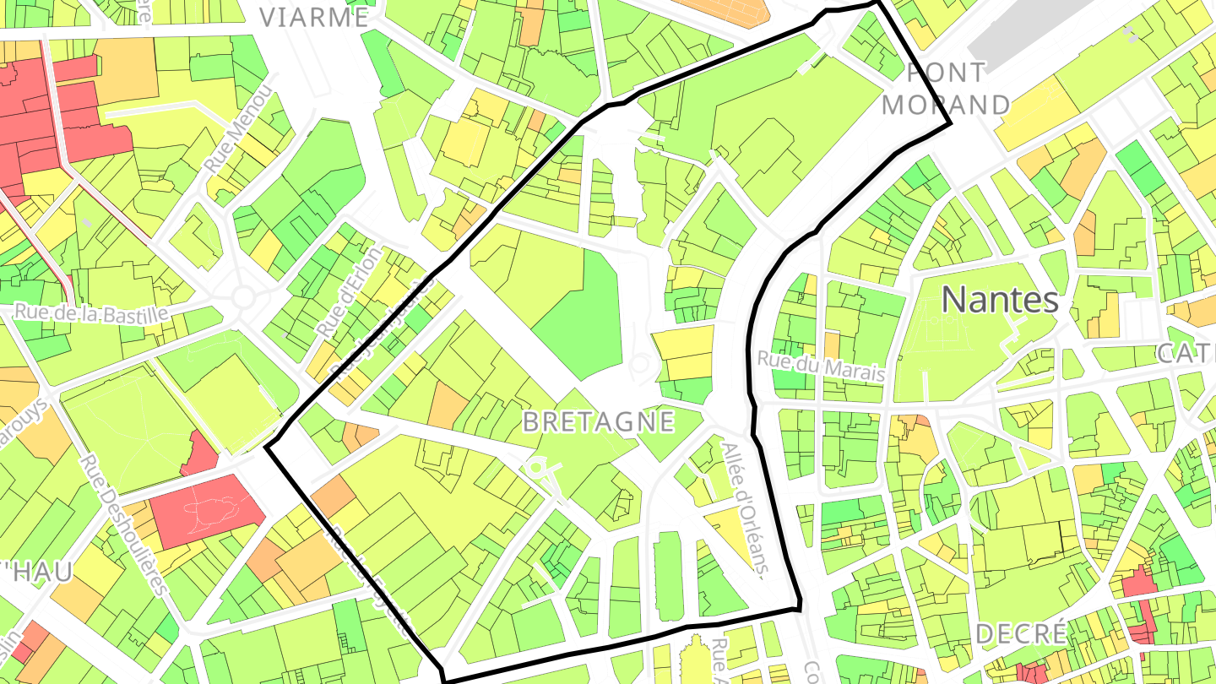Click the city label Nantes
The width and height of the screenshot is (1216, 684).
999,300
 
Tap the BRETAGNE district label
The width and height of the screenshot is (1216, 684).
599,421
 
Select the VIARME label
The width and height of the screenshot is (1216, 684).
314,17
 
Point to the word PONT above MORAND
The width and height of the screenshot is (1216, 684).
945,73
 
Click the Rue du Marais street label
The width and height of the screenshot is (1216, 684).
821,365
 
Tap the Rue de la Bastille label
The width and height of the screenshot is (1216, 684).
91,313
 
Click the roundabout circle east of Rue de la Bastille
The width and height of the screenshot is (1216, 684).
244,296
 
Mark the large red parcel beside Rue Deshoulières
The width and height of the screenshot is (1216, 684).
206,510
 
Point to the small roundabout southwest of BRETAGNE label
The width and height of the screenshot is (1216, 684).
538,466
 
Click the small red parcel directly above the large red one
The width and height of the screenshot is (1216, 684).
200,454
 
